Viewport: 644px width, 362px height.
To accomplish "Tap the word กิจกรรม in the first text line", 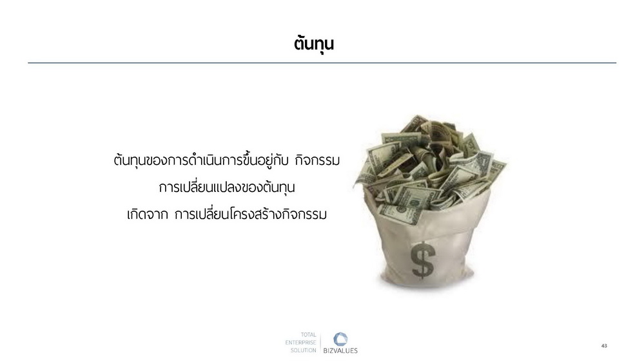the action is [317, 160].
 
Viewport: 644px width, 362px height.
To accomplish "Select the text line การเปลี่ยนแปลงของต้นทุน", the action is [227, 187].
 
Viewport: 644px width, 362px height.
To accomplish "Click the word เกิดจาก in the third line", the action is [148, 214].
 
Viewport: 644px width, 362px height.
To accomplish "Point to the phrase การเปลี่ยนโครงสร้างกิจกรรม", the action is [251, 214].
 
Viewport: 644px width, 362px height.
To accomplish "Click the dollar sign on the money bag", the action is [423, 260].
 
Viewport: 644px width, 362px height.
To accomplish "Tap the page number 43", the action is [604, 346].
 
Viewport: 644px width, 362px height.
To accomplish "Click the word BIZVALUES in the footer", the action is [340, 350].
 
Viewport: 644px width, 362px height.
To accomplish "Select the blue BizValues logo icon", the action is [340, 339].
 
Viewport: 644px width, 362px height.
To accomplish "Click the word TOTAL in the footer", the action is [308, 335].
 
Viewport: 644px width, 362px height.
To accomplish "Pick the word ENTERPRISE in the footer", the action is [301, 342].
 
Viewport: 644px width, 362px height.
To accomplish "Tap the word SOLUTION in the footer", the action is [304, 350].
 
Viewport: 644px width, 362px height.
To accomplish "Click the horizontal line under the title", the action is [322, 62].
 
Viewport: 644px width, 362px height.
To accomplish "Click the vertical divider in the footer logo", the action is [320, 343].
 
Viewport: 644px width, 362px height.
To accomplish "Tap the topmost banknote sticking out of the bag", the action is [415, 123].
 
